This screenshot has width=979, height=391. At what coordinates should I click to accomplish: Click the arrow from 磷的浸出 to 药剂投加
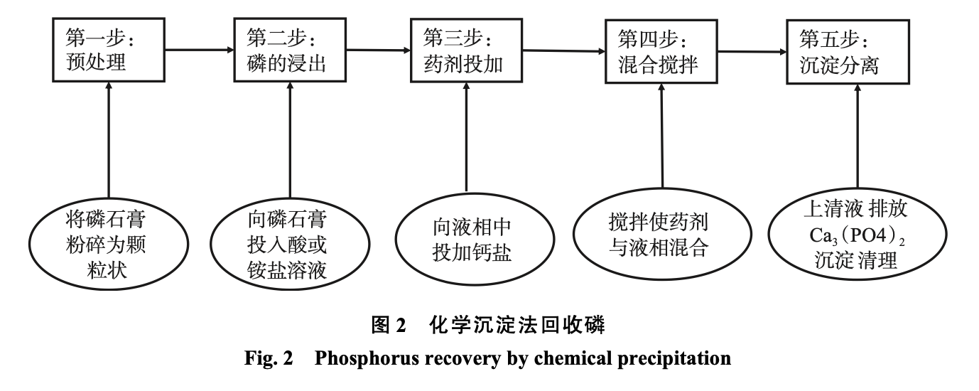pyautogui.click(x=380, y=50)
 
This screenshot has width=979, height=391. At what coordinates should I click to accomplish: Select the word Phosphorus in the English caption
pyautogui.click(x=359, y=358)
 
